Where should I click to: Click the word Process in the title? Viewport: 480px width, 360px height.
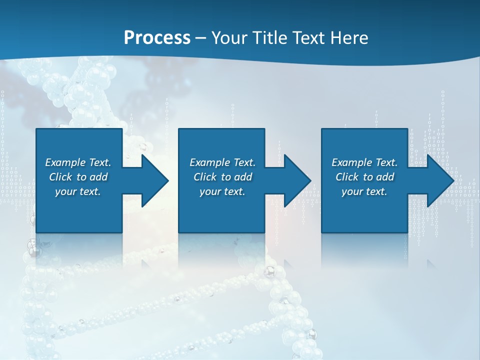coord(157,38)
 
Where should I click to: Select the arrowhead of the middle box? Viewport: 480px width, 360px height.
coord(297,180)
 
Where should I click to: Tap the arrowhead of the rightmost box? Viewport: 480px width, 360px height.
coord(440,180)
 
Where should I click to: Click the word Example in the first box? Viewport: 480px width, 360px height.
coord(65,162)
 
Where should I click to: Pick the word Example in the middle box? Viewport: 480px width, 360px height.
coord(210,162)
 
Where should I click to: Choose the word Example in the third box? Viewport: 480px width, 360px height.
coord(352,162)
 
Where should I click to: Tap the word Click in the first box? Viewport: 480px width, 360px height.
coord(60,177)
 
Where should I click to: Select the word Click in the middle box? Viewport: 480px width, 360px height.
coord(205,177)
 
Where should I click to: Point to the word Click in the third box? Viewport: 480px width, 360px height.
coord(347,177)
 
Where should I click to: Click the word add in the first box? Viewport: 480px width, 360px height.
coord(99,177)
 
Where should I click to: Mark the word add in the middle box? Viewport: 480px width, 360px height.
coord(243,177)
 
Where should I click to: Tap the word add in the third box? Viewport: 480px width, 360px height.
coord(385,177)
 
